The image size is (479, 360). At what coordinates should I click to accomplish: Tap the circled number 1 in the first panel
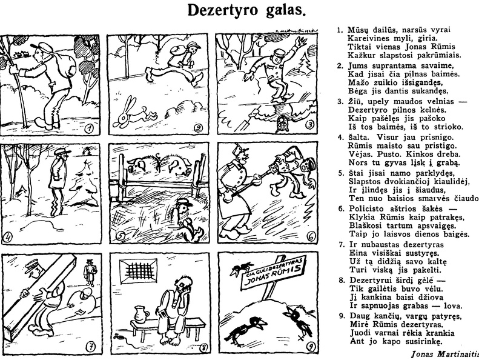[89, 128]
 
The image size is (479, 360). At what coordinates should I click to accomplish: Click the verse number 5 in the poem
[340, 173]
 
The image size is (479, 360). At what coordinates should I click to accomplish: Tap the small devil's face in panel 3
[281, 125]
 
